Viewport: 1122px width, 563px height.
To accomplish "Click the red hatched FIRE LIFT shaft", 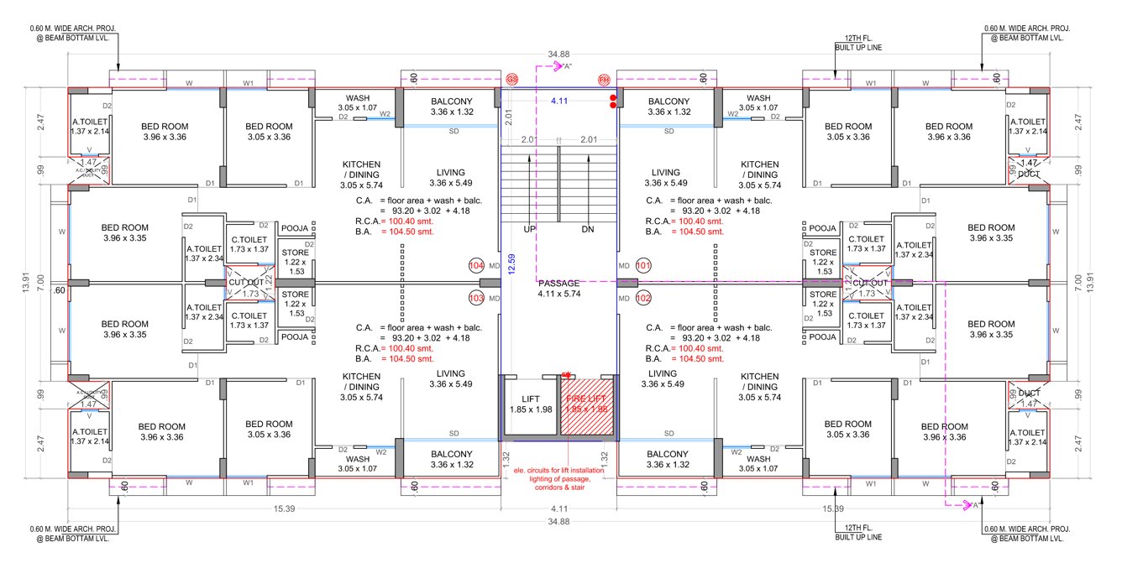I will tap(587, 406).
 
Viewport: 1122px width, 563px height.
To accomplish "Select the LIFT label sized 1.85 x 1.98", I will tap(529, 404).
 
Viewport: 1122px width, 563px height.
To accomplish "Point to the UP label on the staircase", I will tap(529, 229).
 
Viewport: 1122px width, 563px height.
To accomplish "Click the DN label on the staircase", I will tap(588, 229).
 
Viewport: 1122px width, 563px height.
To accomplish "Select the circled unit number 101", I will tap(644, 265).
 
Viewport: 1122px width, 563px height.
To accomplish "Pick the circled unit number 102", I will tap(644, 298).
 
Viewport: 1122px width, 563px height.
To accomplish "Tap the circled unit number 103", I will tap(476, 298).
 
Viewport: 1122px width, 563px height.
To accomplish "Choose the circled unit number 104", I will tap(476, 265).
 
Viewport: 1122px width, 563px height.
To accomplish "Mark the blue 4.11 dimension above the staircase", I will tap(559, 101).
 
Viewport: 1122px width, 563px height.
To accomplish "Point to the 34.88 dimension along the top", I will tap(558, 55).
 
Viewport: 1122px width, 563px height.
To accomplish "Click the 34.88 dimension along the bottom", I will tap(558, 522).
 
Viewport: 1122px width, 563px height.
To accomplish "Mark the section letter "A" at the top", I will tap(567, 66).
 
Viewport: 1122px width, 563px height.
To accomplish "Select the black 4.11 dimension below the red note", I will tap(558, 509).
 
